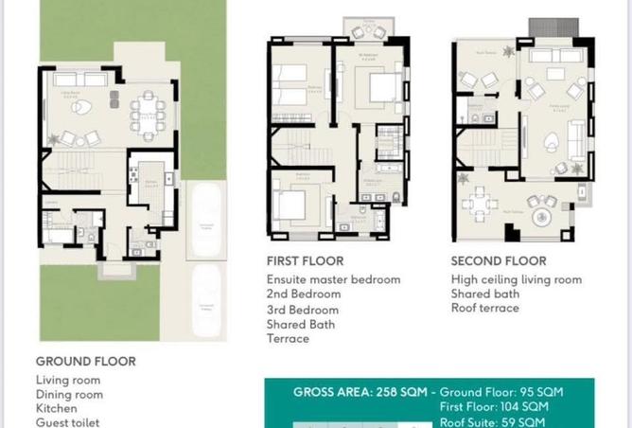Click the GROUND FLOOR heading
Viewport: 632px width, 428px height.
coord(86,361)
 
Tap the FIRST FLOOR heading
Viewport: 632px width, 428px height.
coord(305,260)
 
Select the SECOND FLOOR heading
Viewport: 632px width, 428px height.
coord(499,260)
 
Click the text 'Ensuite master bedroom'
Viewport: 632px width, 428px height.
coord(333,279)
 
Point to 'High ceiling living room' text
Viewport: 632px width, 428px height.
coord(517,279)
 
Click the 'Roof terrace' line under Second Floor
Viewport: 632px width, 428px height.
coord(485,308)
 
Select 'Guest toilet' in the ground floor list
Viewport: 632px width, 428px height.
coord(67,422)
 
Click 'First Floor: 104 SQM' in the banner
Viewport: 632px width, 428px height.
coord(493,405)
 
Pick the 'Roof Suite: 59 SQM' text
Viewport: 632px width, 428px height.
coord(493,421)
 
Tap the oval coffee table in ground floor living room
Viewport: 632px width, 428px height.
coord(81,108)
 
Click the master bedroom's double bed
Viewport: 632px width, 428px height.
coord(384,89)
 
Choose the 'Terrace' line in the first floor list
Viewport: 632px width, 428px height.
coord(288,338)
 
